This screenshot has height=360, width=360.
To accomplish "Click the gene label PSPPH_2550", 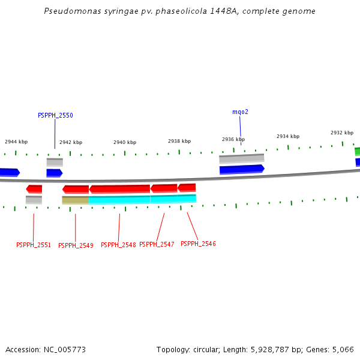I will [x=55, y=115].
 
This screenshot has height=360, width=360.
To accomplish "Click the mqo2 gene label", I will [x=240, y=112].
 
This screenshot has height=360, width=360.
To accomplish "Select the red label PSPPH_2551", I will [x=34, y=245].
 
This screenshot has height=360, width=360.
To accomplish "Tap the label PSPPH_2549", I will [x=76, y=245].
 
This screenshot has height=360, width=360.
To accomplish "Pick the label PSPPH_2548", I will [x=118, y=245].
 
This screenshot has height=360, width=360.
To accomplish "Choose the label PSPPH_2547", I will [x=157, y=244].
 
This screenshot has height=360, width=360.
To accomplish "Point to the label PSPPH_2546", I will [x=198, y=244].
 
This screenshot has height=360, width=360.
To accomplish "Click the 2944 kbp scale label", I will [x=16, y=142].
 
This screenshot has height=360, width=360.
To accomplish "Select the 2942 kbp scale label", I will [x=71, y=143].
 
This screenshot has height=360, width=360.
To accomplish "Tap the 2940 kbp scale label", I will [x=125, y=142].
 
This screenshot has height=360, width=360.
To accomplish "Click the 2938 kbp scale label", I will [x=179, y=141].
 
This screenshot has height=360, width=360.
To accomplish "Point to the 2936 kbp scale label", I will [x=233, y=139].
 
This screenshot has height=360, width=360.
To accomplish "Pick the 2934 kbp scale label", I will [x=288, y=136].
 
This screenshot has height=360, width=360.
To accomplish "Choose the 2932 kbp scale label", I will [x=342, y=133].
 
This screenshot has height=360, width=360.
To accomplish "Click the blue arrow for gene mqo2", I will [x=242, y=169].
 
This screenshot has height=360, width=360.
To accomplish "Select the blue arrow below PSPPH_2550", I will [x=54, y=173].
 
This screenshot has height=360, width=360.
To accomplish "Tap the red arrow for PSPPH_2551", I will [x=34, y=189].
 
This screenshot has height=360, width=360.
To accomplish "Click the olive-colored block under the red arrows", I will [x=76, y=200].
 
